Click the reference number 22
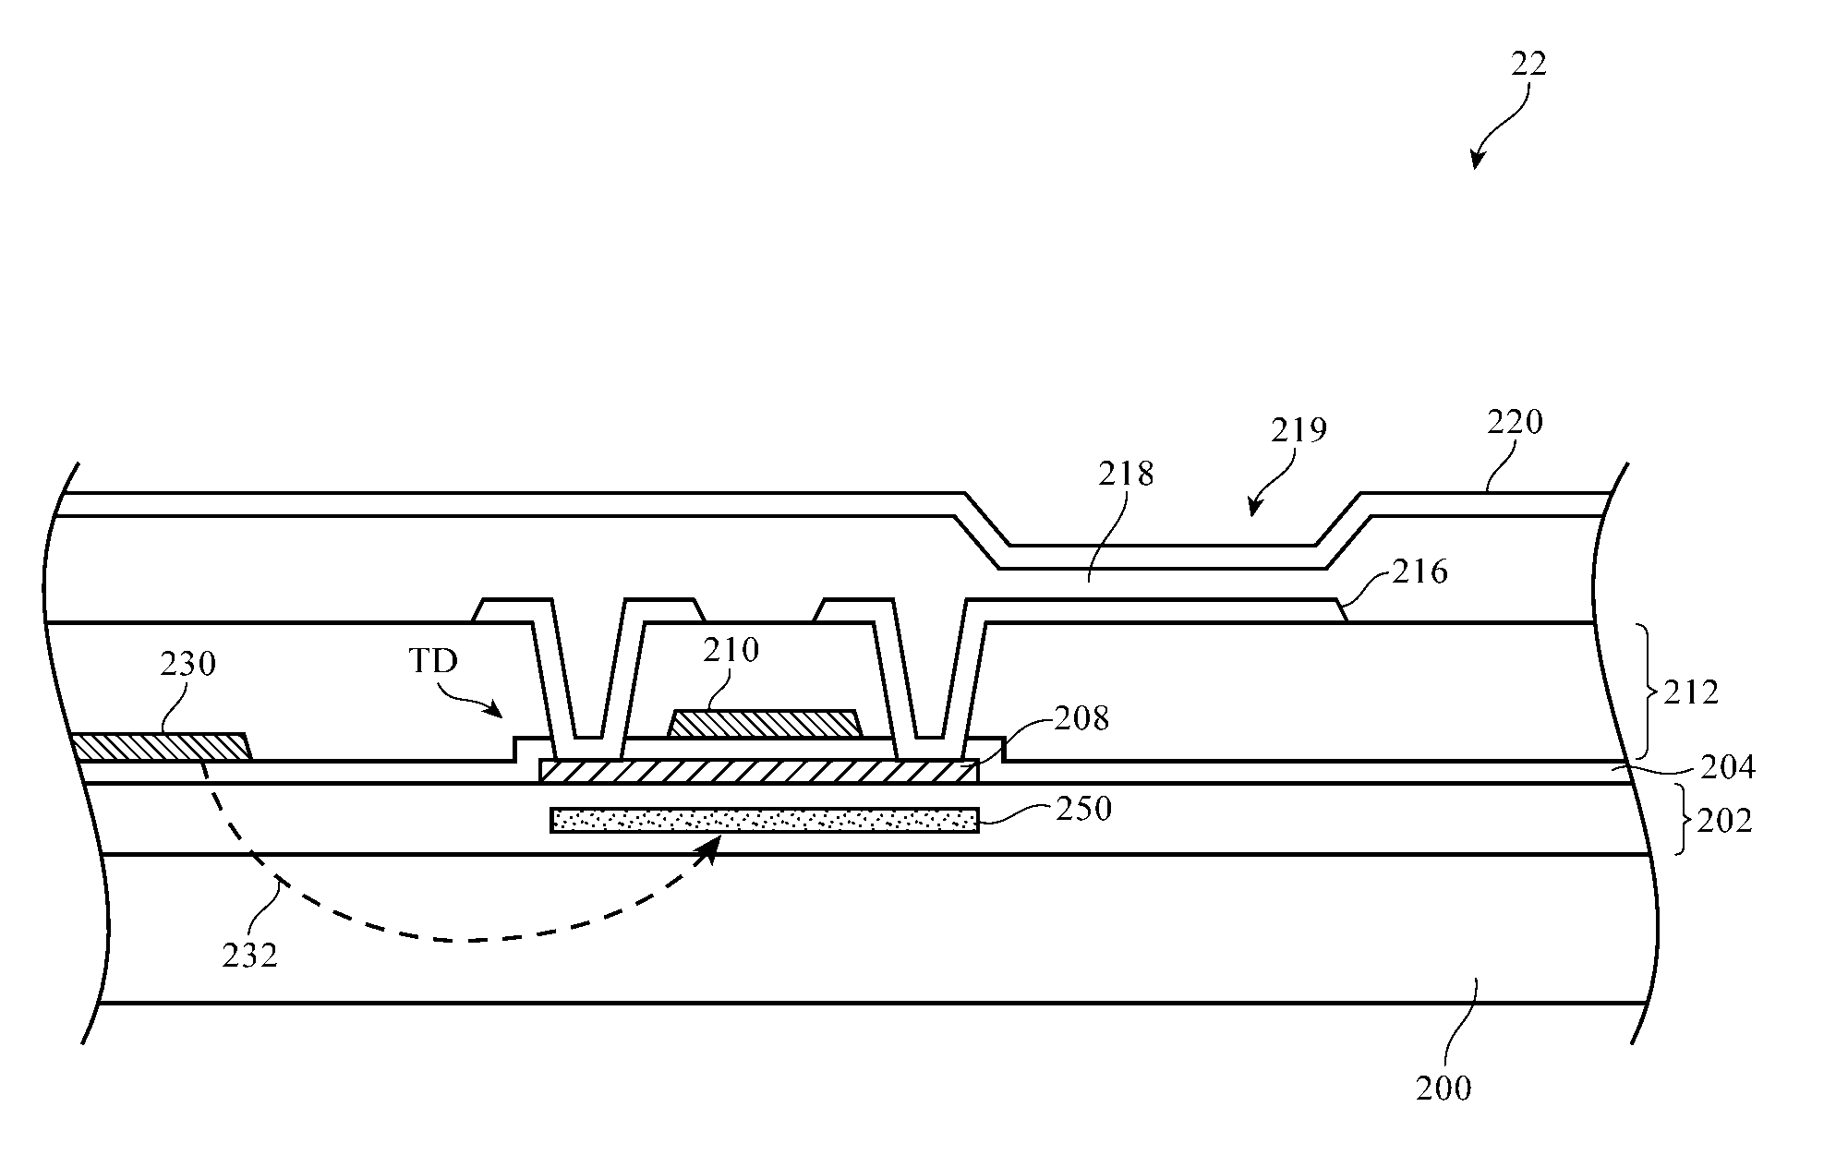[1528, 64]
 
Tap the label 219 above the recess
[1298, 430]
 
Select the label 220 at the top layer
[1515, 422]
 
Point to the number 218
[1126, 474]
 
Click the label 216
[1419, 572]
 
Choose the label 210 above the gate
[731, 650]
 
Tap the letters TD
[433, 662]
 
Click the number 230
[187, 664]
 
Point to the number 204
[1727, 767]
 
